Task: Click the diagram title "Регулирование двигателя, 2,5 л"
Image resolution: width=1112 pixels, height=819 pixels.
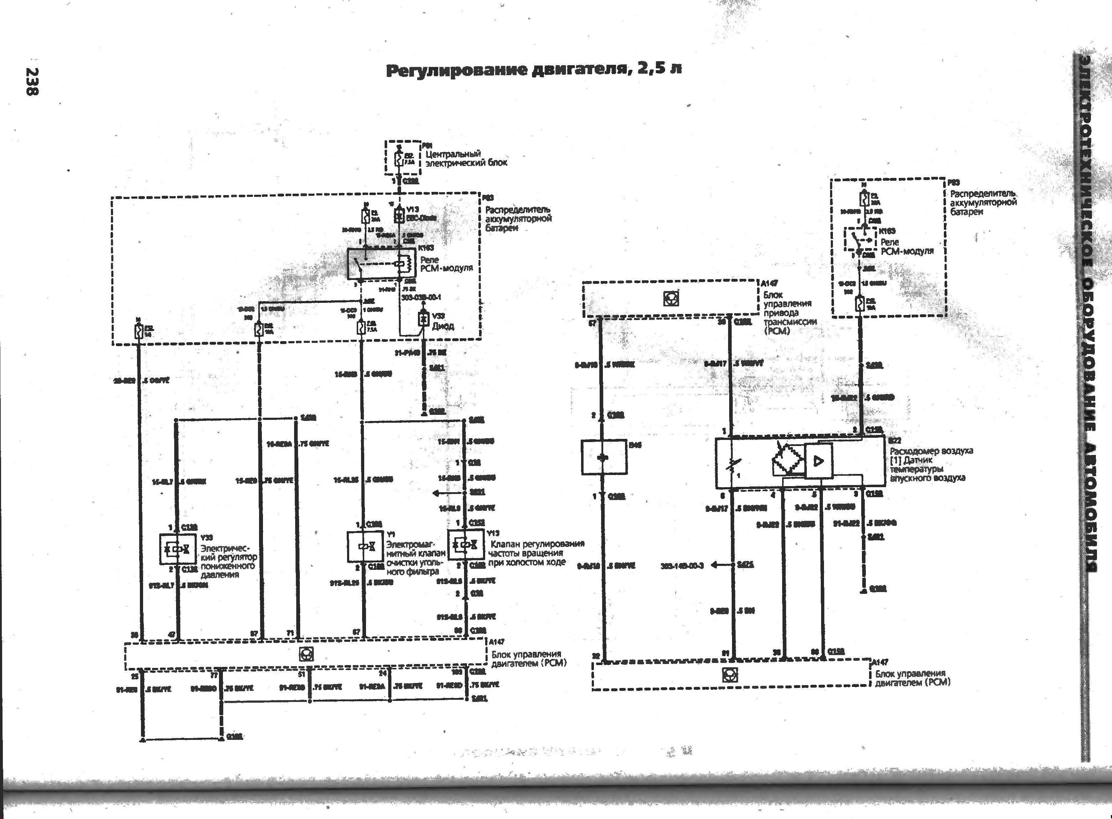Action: point(534,69)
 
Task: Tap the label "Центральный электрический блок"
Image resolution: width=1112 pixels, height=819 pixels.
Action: point(466,158)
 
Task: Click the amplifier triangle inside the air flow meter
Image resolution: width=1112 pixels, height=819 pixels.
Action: point(819,461)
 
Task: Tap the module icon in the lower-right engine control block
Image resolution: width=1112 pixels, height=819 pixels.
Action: point(730,675)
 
